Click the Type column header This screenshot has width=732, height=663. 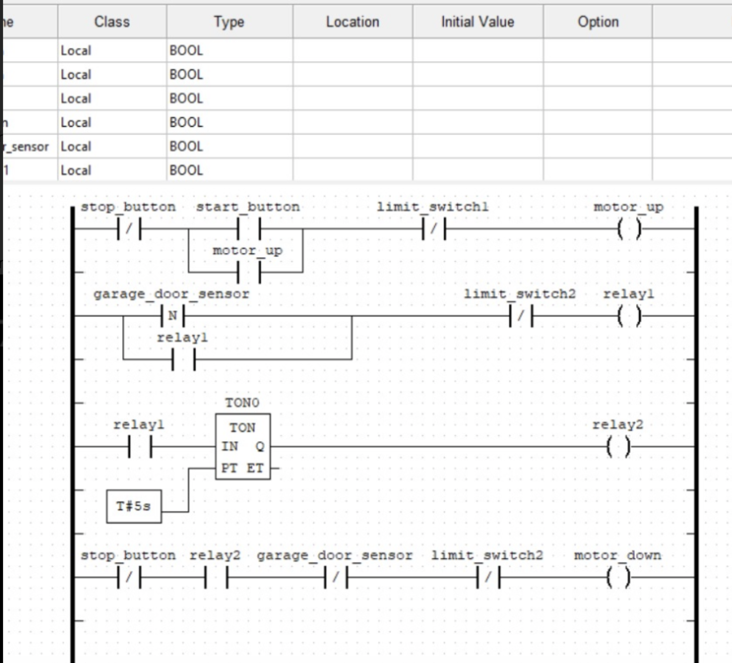(229, 22)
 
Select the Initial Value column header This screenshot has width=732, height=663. (477, 22)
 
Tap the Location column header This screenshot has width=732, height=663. (353, 22)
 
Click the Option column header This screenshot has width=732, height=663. (598, 22)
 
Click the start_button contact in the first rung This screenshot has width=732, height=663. (249, 229)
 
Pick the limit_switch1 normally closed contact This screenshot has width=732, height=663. (433, 229)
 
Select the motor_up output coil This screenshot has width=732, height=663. (629, 229)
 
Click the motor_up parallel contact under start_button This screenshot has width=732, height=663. (249, 272)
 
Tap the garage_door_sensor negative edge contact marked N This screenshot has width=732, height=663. (173, 316)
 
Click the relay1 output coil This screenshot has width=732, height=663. (629, 316)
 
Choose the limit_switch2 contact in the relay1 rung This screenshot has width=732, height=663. (521, 316)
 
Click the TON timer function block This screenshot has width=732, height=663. (243, 447)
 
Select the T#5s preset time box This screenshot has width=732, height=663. (134, 506)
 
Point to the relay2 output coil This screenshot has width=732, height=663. (618, 447)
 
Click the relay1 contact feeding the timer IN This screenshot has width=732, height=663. (140, 447)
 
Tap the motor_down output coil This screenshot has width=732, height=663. (618, 578)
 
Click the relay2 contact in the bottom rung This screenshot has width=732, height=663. (216, 578)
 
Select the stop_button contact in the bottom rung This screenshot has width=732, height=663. (129, 578)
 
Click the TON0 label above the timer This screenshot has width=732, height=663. (242, 402)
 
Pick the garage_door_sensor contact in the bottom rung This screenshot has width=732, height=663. (336, 578)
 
